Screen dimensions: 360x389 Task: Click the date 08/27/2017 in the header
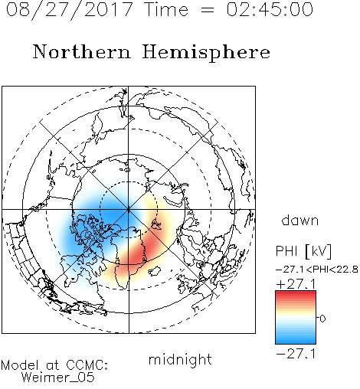pos(70,10)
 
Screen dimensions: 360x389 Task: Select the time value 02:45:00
pos(270,9)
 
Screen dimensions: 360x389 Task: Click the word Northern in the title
pos(82,52)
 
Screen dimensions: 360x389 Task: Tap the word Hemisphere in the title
pos(206,53)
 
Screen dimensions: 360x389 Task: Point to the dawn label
pos(300,221)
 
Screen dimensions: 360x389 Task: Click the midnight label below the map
pos(180,360)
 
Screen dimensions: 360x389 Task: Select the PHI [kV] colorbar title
pos(303,251)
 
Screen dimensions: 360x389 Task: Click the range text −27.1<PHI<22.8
pos(317,270)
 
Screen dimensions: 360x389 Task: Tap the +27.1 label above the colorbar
pos(296,284)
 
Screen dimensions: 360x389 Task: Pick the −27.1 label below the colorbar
pos(296,354)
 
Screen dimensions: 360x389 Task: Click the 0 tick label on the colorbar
pos(322,319)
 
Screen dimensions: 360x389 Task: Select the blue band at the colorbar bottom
pos(296,339)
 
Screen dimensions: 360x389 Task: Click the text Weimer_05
pos(58,377)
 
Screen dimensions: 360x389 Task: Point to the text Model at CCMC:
pos(54,365)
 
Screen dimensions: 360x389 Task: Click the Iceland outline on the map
pos(155,271)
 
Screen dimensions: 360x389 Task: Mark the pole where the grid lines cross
pos(129,210)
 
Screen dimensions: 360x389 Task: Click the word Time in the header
pos(166,10)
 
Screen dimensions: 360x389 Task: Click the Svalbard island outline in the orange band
pos(155,224)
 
